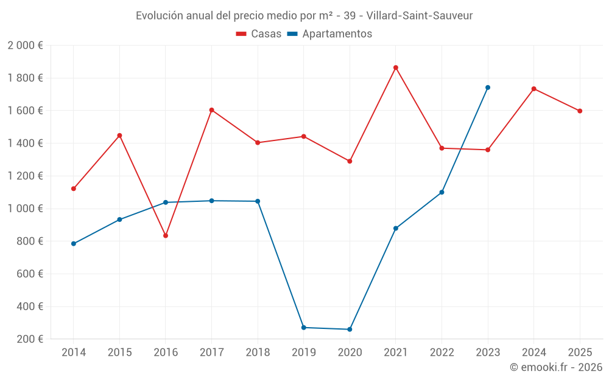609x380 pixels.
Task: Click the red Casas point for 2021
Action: pyautogui.click(x=396, y=67)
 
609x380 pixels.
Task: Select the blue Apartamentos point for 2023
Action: pyautogui.click(x=488, y=88)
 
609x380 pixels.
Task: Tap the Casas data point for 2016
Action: pyautogui.click(x=166, y=235)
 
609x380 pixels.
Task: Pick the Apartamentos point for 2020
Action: pyautogui.click(x=350, y=330)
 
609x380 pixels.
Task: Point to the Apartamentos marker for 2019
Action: pyautogui.click(x=304, y=328)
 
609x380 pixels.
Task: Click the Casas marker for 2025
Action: pyautogui.click(x=580, y=111)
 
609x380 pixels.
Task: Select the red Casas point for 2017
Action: pyautogui.click(x=211, y=110)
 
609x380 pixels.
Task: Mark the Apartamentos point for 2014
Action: pyautogui.click(x=74, y=244)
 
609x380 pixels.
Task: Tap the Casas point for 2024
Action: pyautogui.click(x=533, y=89)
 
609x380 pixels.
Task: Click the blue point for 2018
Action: pyautogui.click(x=258, y=201)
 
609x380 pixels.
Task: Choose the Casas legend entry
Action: pyautogui.click(x=259, y=34)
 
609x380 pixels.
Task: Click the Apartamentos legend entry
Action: pyautogui.click(x=329, y=34)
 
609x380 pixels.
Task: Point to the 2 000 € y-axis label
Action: pyautogui.click(x=26, y=46)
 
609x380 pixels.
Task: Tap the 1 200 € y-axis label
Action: pyautogui.click(x=26, y=176)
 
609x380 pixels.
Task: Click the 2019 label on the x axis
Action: pyautogui.click(x=304, y=352)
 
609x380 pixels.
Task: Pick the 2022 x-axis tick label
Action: pyautogui.click(x=442, y=352)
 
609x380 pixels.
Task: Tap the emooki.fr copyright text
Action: pyautogui.click(x=555, y=367)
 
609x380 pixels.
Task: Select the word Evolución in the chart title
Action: pyautogui.click(x=160, y=16)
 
